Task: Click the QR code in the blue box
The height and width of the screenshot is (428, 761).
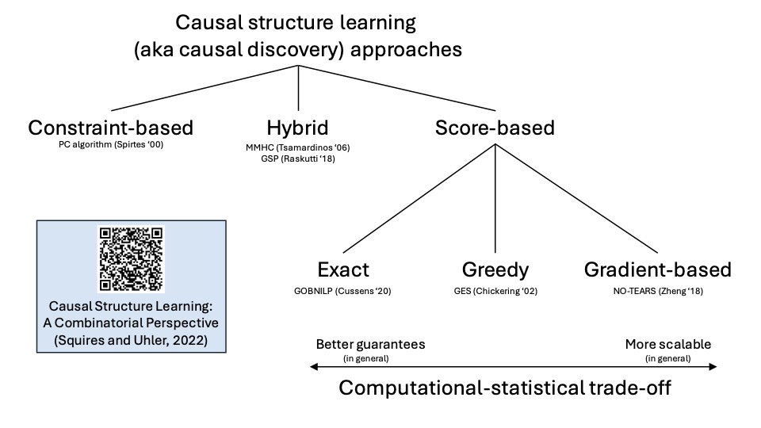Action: pyautogui.click(x=131, y=258)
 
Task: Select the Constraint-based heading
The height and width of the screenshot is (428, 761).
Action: pyautogui.click(x=110, y=128)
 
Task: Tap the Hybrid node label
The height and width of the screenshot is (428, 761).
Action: pyautogui.click(x=298, y=128)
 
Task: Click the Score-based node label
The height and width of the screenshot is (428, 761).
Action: pyautogui.click(x=495, y=128)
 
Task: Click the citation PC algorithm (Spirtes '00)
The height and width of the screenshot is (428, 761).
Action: pyautogui.click(x=110, y=146)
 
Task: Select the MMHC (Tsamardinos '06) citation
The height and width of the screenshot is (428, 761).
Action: pyautogui.click(x=298, y=147)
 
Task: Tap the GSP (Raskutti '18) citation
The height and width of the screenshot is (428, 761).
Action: pyautogui.click(x=298, y=159)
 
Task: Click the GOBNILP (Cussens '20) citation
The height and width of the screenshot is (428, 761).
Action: pyautogui.click(x=342, y=291)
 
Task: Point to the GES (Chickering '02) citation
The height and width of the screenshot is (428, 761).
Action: pyautogui.click(x=495, y=291)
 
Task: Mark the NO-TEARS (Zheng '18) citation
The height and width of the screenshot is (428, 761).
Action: pyautogui.click(x=657, y=291)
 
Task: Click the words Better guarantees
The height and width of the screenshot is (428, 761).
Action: pyautogui.click(x=370, y=345)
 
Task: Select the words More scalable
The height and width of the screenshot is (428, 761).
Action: pyautogui.click(x=667, y=345)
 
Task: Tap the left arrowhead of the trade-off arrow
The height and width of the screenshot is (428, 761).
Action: pyautogui.click(x=315, y=366)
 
